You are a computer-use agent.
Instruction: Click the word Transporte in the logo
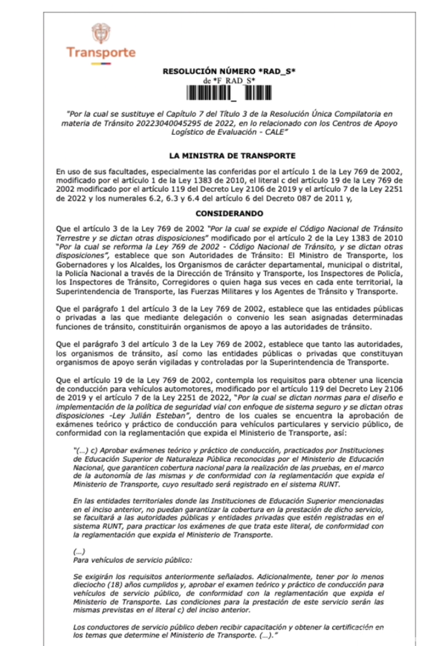(x=101, y=53)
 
